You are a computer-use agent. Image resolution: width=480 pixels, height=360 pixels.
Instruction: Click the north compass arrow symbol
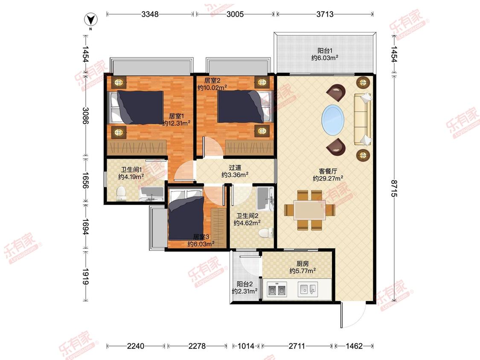[90, 20]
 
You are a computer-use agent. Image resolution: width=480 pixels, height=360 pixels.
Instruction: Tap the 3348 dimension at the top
[150, 14]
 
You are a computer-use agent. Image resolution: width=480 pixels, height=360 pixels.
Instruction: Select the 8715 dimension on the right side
[394, 189]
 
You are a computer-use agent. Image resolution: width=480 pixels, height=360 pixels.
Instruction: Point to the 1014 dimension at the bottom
[246, 346]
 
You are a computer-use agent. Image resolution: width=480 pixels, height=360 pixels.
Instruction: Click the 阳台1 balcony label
[325, 50]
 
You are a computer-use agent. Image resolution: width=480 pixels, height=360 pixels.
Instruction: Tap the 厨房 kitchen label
[303, 264]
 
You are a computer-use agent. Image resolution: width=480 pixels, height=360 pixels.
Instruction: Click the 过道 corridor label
[235, 168]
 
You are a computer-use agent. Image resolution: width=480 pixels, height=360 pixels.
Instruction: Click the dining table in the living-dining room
[309, 210]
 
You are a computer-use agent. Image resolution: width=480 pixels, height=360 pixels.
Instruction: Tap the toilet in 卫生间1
[122, 194]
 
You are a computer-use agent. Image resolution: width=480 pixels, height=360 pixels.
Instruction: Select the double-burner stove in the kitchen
[277, 289]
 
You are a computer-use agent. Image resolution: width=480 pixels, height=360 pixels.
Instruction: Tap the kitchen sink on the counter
[308, 289]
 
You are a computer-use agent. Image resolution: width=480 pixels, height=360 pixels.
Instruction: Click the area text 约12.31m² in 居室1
[176, 123]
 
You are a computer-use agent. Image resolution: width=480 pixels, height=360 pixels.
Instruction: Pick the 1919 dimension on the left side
[85, 276]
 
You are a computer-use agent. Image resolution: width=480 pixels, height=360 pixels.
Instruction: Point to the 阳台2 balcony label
[244, 284]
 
